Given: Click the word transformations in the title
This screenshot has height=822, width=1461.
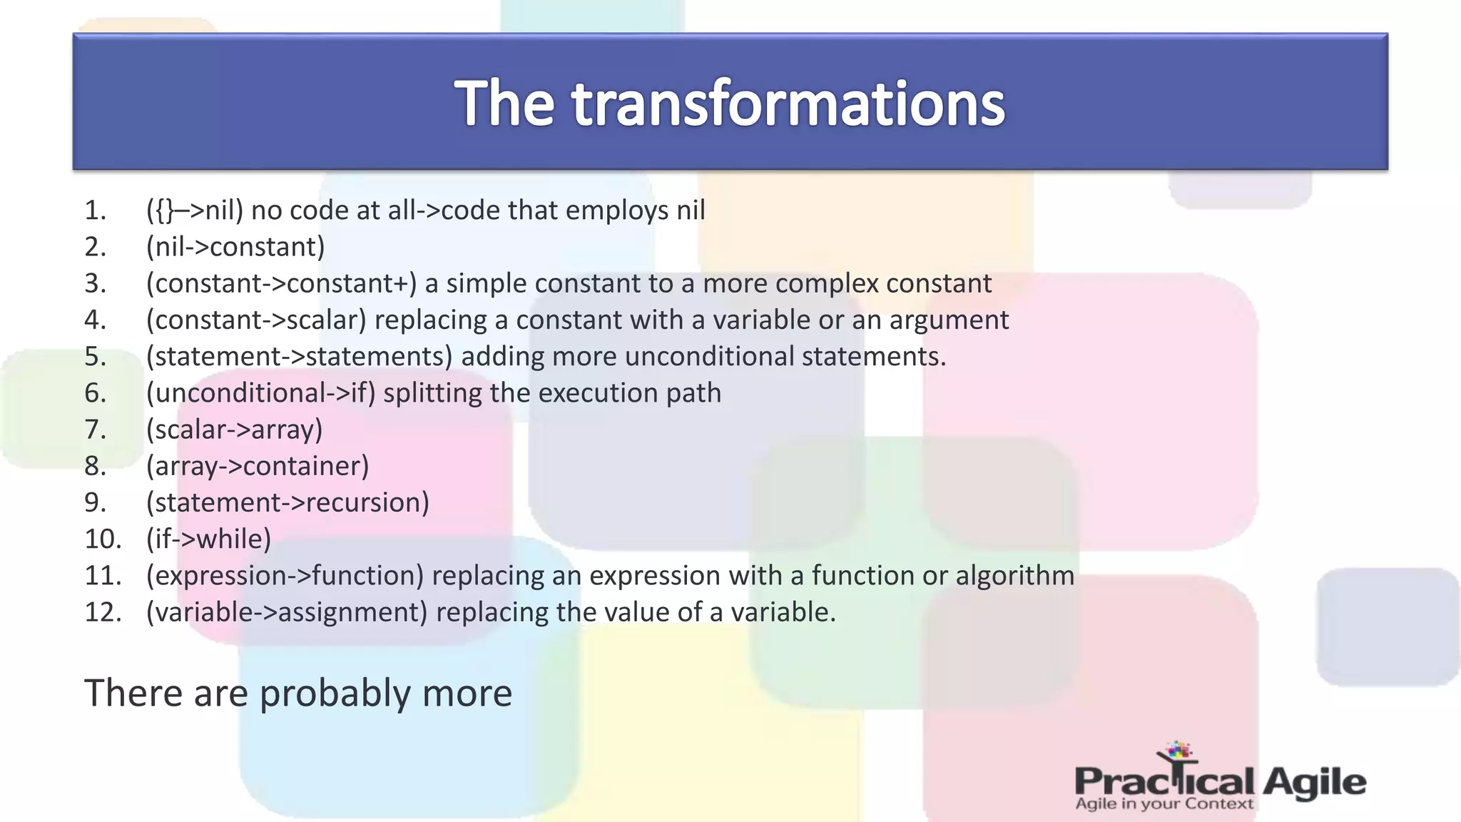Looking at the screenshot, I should click(788, 104).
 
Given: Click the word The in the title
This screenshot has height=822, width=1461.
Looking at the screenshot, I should click(504, 104).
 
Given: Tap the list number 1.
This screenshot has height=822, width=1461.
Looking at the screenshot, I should click(95, 210).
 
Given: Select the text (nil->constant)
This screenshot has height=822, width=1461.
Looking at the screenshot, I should click(235, 247).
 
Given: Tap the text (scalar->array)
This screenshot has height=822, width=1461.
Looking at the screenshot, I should click(234, 430).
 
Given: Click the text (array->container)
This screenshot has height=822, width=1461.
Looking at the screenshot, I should click(258, 466).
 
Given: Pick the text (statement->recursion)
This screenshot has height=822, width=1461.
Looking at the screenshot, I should click(287, 502).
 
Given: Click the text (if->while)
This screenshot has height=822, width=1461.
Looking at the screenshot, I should click(208, 539).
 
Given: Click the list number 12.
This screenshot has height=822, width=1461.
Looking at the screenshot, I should click(103, 612).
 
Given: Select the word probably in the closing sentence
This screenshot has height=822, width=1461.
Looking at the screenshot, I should click(335, 694).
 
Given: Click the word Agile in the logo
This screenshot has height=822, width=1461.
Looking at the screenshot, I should click(1313, 782).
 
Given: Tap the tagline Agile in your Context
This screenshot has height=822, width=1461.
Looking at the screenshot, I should click(1164, 804).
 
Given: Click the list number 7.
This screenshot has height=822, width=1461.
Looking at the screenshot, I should click(95, 430).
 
